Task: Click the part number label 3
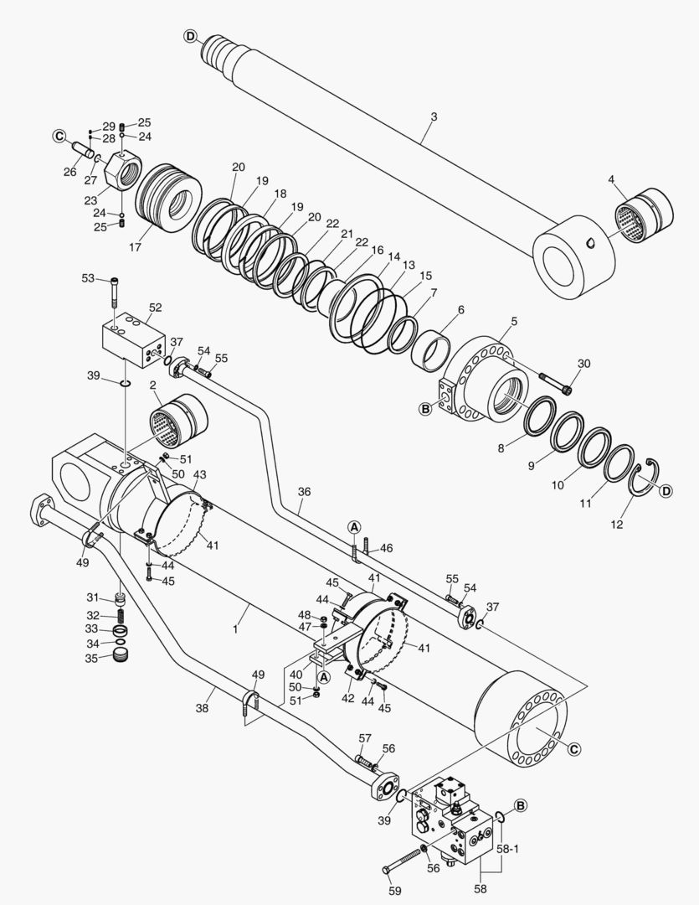[x=434, y=116]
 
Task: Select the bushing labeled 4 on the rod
[x=645, y=212]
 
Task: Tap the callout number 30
[x=583, y=363]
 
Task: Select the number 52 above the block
[x=155, y=308]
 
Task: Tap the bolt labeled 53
[x=116, y=292]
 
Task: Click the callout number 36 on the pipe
[x=305, y=493]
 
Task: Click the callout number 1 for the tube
[x=237, y=628]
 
